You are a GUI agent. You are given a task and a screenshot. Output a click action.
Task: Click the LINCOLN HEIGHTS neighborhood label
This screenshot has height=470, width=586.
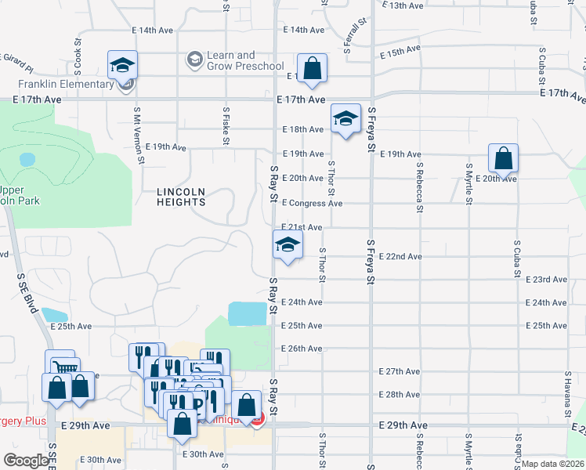coord(181,197)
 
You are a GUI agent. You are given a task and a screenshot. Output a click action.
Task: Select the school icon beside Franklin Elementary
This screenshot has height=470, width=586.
coord(122,65)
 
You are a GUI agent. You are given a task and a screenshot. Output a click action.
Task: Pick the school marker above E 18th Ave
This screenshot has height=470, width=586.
coord(345,118)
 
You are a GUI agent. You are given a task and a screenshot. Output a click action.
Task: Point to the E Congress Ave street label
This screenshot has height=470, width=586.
coord(312,204)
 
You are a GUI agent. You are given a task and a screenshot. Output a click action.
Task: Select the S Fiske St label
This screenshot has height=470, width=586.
coord(226,126)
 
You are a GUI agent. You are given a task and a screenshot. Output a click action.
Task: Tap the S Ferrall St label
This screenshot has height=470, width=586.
coord(355,36)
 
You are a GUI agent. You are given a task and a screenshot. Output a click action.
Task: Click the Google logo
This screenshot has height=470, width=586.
coord(25,461)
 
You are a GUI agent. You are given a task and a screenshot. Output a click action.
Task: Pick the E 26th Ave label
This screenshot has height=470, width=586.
coord(302,349)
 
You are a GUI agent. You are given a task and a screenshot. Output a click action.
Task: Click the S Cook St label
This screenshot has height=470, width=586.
coord(78,50)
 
